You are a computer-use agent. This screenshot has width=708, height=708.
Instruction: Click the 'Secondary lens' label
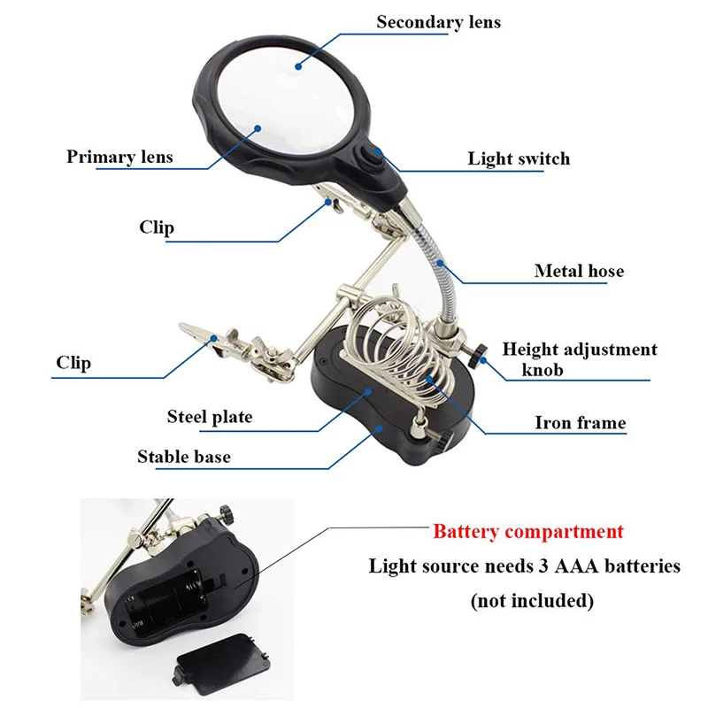point(438,22)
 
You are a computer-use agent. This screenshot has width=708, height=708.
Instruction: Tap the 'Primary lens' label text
point(119,157)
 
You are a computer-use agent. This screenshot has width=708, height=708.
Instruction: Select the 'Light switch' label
point(519,158)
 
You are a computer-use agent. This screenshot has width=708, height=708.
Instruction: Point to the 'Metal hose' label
point(579,271)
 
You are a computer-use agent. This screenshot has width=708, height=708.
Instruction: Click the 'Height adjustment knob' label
point(580,359)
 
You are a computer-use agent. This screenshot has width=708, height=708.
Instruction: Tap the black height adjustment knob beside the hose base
point(479,357)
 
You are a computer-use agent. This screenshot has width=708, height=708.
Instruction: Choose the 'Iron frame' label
point(581,423)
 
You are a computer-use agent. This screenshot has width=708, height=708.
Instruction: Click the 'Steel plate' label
point(210,416)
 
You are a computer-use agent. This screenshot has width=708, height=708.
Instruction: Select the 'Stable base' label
point(184,457)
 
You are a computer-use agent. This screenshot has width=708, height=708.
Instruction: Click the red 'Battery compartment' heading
point(527,532)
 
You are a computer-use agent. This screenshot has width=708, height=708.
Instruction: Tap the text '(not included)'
point(532,601)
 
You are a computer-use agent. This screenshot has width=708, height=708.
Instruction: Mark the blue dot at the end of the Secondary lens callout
point(298,66)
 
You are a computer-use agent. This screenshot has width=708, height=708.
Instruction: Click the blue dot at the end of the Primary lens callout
point(258,128)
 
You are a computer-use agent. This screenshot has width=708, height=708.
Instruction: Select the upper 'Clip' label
point(157,227)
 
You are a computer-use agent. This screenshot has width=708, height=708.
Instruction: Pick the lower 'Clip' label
point(73,363)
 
